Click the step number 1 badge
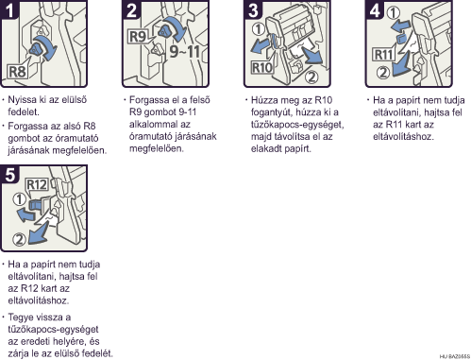(x=8, y=9)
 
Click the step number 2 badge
(x=131, y=9)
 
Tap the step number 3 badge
(x=253, y=9)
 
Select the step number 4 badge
(x=375, y=9)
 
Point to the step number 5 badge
(x=9, y=174)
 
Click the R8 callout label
(x=17, y=72)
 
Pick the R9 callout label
(x=138, y=37)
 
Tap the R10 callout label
(x=261, y=68)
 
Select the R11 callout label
(x=383, y=55)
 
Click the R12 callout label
(x=37, y=184)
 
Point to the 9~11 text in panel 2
(x=185, y=51)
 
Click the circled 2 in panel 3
(x=311, y=77)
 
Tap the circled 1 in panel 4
(x=393, y=12)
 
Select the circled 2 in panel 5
(x=19, y=239)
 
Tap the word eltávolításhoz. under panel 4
(x=403, y=137)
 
